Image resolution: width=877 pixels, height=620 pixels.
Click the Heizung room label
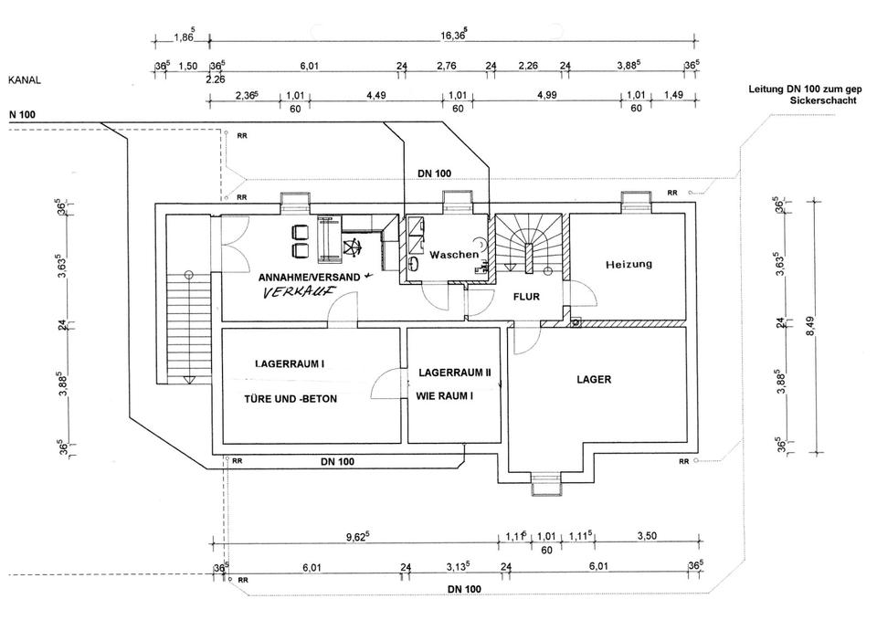pos(629,264)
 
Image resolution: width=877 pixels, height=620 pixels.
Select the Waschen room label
pos(454,255)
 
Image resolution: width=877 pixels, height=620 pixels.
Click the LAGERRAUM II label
pos(455,373)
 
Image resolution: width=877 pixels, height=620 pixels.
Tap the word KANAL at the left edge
pos(25,80)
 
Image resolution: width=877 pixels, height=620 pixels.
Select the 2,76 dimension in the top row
pos(446,66)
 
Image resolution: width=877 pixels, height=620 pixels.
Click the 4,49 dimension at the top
pos(377,94)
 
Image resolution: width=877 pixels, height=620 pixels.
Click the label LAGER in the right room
pos(594,379)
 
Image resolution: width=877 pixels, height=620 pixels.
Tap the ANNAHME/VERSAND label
pos(310,276)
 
